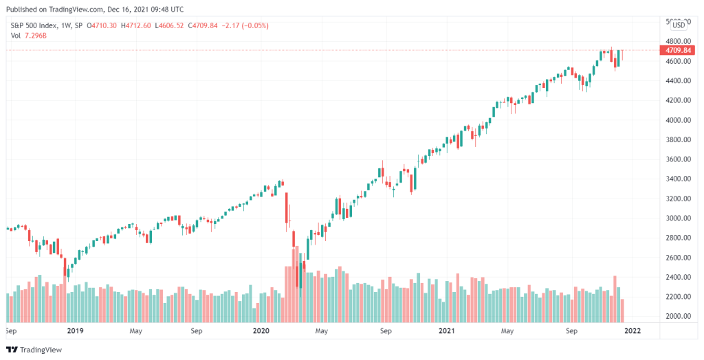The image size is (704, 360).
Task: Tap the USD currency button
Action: click(678, 25)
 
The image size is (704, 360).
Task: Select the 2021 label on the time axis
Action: click(447, 330)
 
